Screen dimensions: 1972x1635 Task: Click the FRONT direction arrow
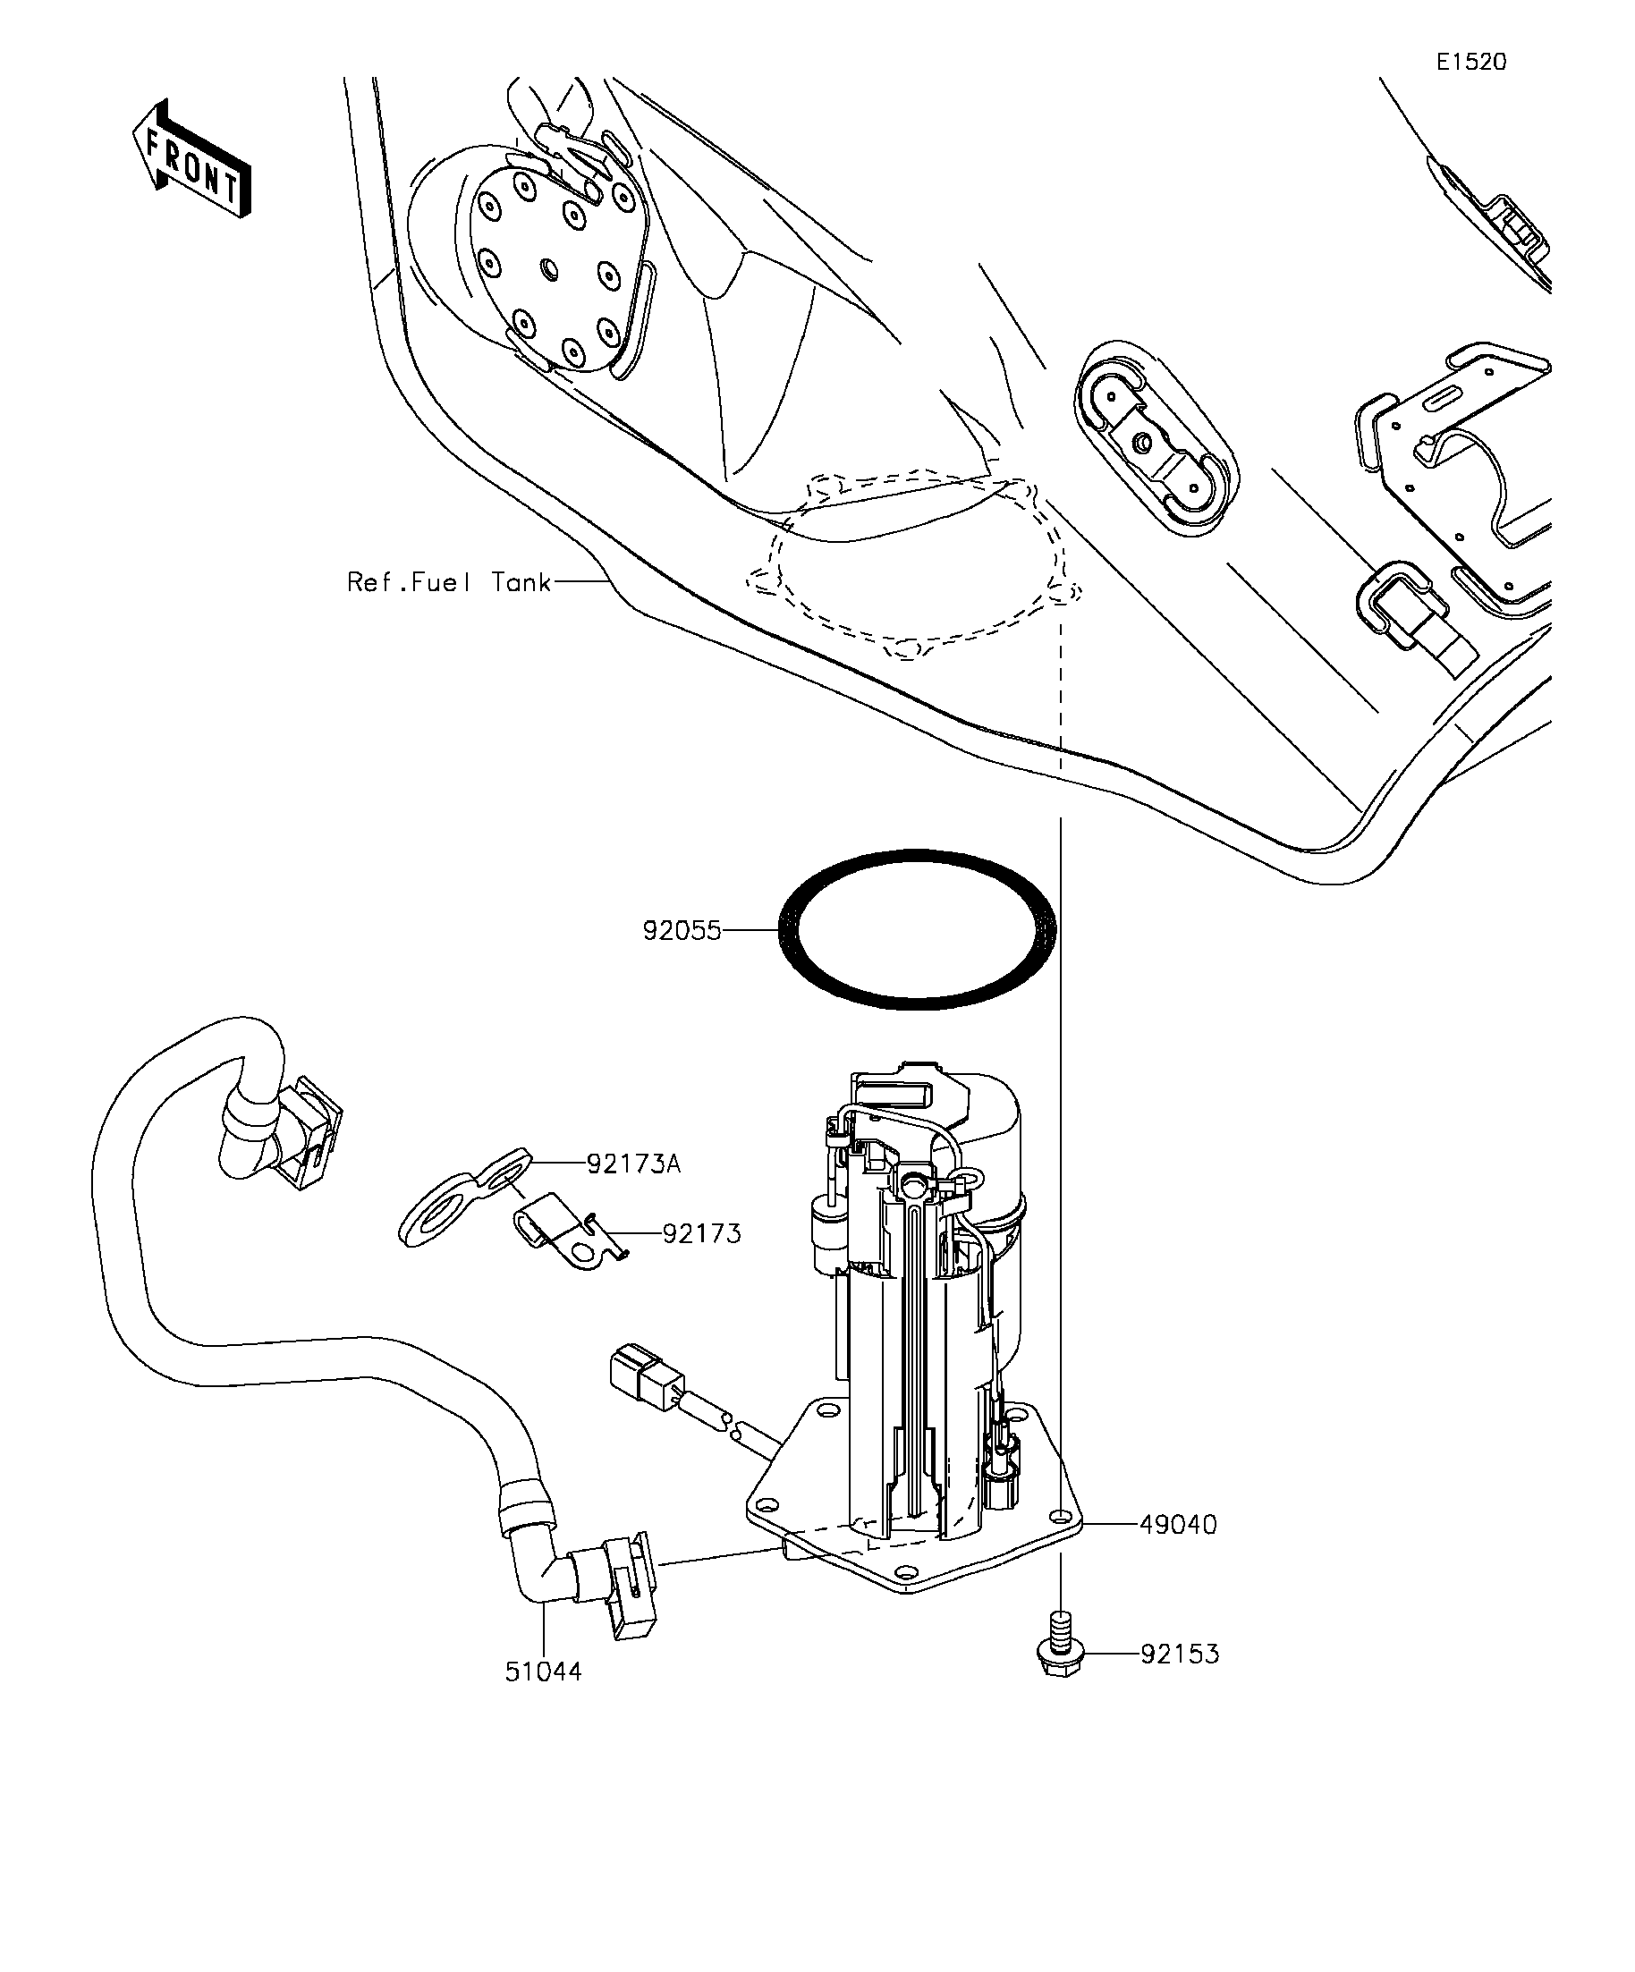[x=191, y=159]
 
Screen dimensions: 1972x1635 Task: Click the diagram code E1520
[x=1470, y=62]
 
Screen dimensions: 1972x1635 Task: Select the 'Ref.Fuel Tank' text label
[x=449, y=582]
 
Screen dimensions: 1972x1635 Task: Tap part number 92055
[x=682, y=931]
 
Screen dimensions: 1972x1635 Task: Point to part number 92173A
[x=633, y=1164]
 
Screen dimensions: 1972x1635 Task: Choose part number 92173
[x=701, y=1233]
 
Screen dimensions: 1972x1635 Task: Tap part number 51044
[x=543, y=1697]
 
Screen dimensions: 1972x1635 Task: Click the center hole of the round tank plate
[x=549, y=270]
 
